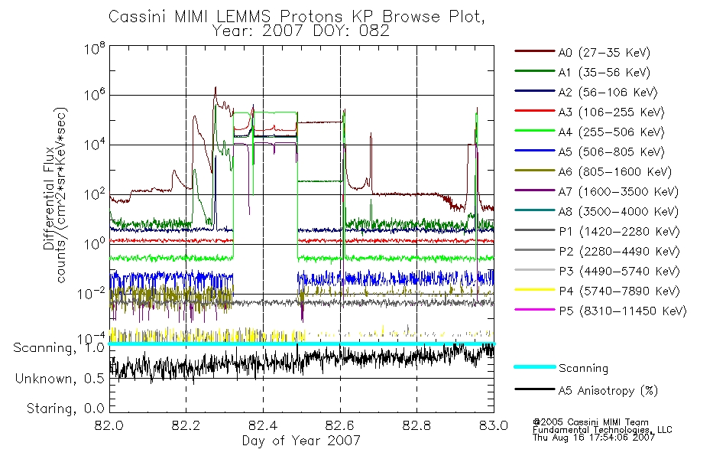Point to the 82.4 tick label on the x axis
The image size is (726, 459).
263,425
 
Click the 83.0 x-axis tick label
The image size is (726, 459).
494,425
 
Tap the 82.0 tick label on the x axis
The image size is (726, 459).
109,425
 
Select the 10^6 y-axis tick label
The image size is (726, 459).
95,95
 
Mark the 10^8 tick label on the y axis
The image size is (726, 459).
95,48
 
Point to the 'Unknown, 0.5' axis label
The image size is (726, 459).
60,379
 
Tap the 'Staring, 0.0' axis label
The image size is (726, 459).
65,409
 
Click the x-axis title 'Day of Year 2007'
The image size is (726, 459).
301,441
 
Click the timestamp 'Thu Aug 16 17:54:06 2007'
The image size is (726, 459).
594,438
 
